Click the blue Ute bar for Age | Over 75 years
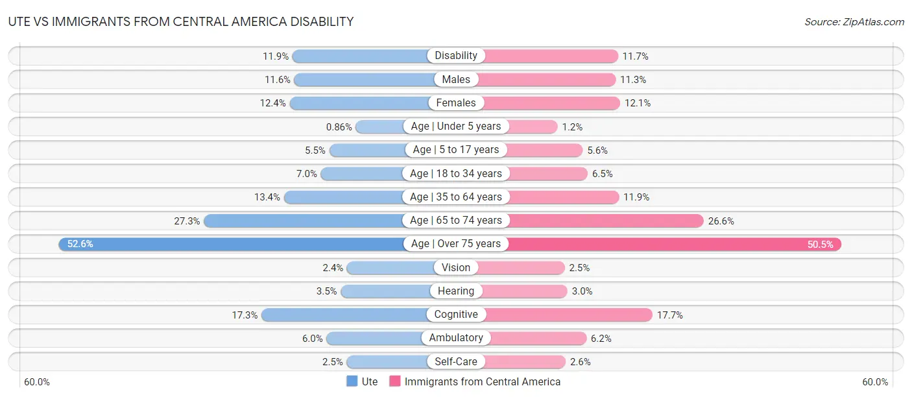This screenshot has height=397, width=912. pos(234,244)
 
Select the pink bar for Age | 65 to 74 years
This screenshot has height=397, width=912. pos(603,221)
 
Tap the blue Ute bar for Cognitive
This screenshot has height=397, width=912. pos(344,315)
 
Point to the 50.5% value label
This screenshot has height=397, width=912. pos(821,244)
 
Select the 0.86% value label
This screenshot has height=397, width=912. pos(339,126)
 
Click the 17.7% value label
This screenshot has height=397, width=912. pos(669,315)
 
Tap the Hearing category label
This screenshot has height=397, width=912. pos(456,291)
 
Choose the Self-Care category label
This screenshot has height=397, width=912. pos(456,361)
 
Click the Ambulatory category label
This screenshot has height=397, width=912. pos(456,338)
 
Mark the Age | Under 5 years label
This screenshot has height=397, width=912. pos(456,126)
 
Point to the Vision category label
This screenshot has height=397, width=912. pos(456,267)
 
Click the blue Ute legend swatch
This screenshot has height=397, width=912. pos(352,381)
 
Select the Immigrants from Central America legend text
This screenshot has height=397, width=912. pos(482,381)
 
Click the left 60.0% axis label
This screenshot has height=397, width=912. pos(37,381)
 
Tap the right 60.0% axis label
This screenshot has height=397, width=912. pos(875,381)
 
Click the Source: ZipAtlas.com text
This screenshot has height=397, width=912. pos(854,21)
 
